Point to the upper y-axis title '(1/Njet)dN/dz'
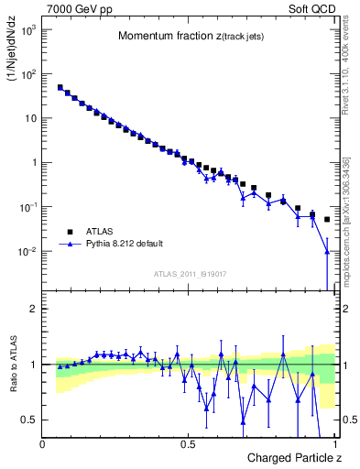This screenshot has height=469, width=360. [12, 54]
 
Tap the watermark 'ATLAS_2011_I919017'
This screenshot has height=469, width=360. [190, 274]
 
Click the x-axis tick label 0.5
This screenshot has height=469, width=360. [189, 444]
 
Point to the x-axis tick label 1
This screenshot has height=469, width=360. [334, 444]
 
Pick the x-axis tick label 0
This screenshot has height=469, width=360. [43, 444]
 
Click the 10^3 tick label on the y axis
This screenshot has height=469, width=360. [28, 30]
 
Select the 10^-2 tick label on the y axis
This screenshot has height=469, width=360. [28, 252]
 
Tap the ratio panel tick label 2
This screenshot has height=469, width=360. [33, 310]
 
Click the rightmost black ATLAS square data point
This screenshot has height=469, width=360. [327, 220]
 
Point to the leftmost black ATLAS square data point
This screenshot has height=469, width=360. [60, 88]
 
